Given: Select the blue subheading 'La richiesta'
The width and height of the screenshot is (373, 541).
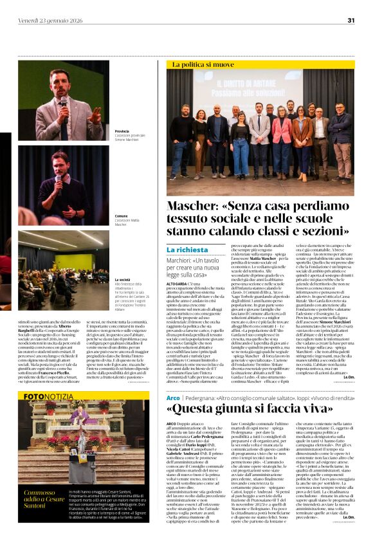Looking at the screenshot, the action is pos(187,249).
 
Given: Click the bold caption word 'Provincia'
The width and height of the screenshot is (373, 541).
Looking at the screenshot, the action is pos(122,131).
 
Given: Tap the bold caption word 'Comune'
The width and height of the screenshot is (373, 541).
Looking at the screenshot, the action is pos(120,216).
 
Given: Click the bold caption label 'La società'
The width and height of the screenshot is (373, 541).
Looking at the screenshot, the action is pos(123,280).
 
